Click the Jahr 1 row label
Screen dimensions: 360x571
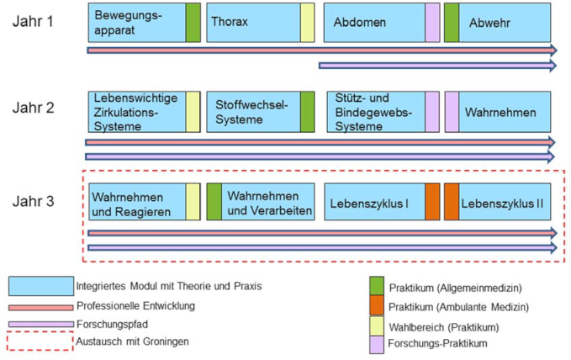pyautogui.click(x=33, y=21)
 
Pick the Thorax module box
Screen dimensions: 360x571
pyautogui.click(x=252, y=22)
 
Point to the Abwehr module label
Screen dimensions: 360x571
pyautogui.click(x=489, y=23)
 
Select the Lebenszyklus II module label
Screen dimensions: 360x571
pyautogui.click(x=502, y=203)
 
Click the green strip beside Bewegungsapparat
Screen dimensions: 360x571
pyautogui.click(x=193, y=22)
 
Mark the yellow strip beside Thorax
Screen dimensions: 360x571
pyautogui.click(x=307, y=22)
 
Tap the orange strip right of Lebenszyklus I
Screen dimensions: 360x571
pyautogui.click(x=432, y=203)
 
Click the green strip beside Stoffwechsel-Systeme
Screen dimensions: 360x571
pyautogui.click(x=307, y=112)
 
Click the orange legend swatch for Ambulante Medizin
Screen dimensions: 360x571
pyautogui.click(x=376, y=306)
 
